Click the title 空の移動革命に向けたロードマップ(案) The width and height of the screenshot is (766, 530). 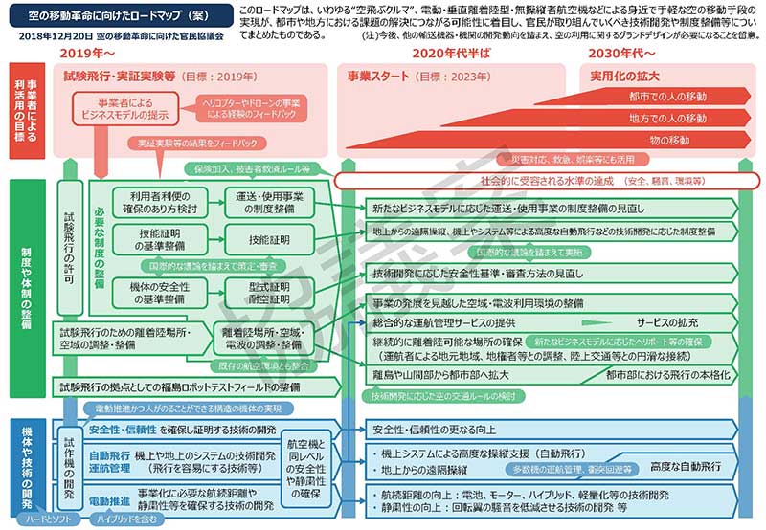(x=114, y=16)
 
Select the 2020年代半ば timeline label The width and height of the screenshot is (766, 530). (x=451, y=54)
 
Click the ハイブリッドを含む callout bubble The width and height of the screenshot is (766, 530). (x=120, y=519)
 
